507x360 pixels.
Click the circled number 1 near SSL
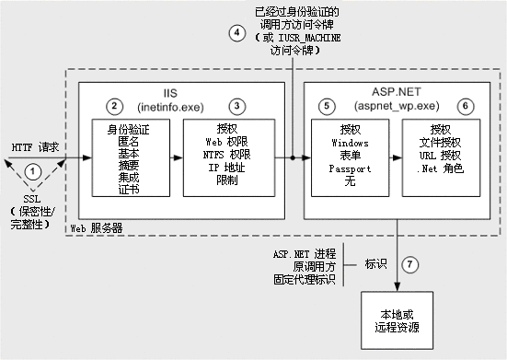(33, 170)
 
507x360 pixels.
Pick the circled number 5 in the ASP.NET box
(327, 107)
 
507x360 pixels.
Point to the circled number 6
(467, 107)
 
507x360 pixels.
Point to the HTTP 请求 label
(36, 145)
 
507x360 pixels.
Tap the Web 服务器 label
(97, 226)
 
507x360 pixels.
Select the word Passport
(348, 169)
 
